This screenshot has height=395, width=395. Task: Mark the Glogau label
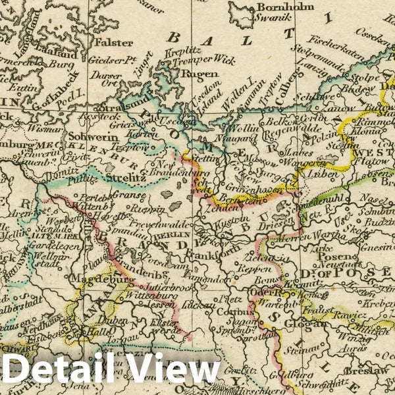311,323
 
